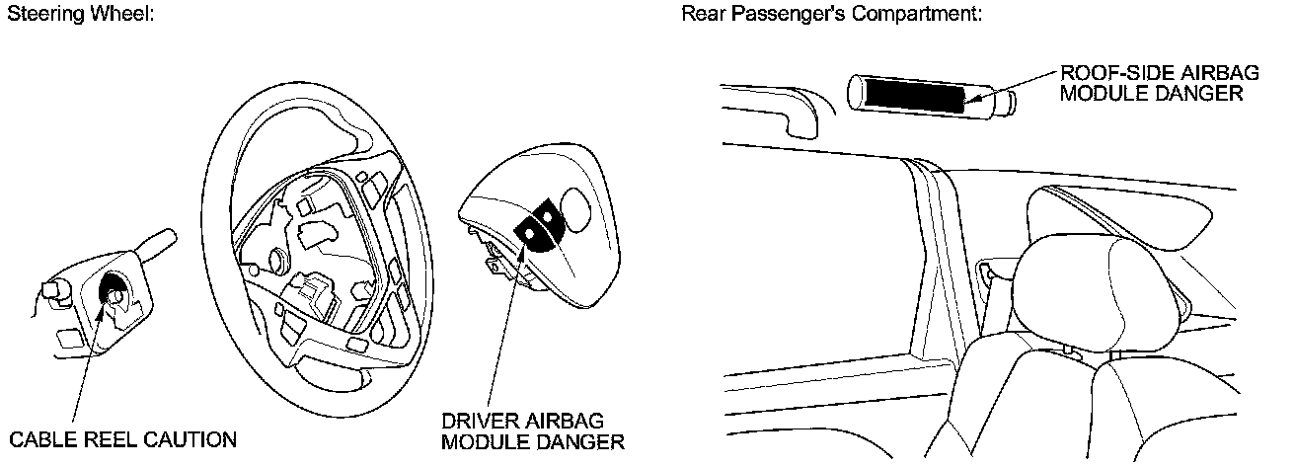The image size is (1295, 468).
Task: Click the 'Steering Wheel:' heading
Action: [80, 17]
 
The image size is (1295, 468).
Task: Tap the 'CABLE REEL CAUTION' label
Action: [122, 439]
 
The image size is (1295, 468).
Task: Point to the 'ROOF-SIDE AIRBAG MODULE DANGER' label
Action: [1149, 84]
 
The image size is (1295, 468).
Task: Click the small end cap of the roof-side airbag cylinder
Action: [1005, 103]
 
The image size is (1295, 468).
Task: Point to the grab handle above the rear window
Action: [775, 104]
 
